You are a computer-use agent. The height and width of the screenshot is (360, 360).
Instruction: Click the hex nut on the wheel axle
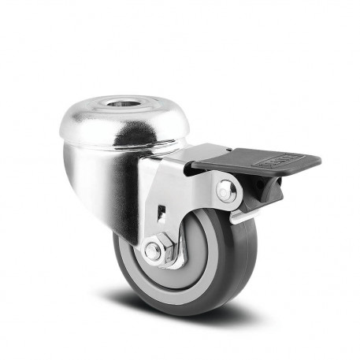154,252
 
